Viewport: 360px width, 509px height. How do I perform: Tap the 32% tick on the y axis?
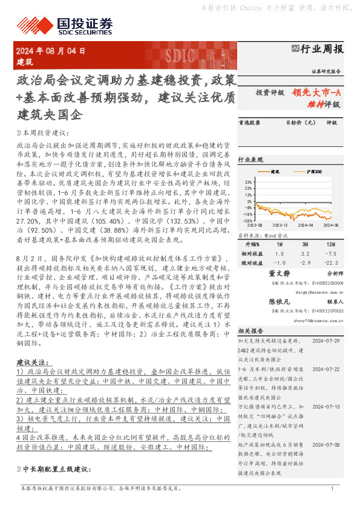[249, 181]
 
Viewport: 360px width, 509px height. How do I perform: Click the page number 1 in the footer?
[332, 488]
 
